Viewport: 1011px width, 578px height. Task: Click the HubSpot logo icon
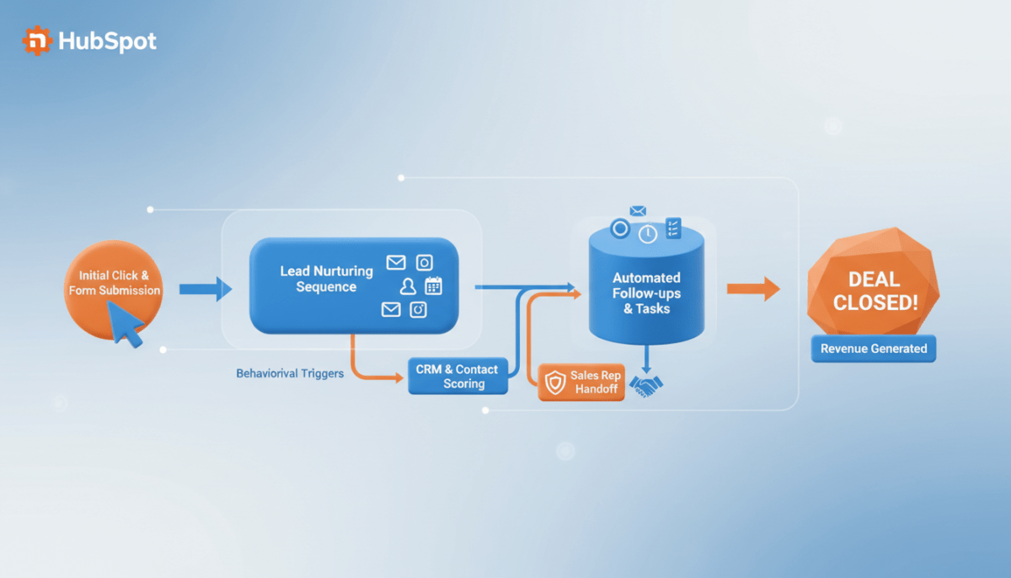[37, 40]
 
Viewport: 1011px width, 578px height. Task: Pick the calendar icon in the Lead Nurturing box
[434, 286]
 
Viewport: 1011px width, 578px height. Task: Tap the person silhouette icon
[409, 286]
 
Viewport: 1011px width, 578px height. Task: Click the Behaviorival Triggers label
[290, 372]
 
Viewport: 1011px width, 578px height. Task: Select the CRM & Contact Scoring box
[457, 376]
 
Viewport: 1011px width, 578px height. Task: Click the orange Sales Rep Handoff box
[582, 382]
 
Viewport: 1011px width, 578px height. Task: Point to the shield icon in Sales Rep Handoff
[554, 383]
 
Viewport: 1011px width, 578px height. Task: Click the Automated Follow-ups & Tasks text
[646, 292]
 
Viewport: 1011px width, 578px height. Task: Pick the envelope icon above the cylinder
[638, 211]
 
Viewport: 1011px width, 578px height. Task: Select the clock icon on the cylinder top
[648, 234]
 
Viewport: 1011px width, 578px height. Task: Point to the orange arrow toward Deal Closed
[753, 289]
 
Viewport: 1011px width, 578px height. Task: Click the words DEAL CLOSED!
[873, 291]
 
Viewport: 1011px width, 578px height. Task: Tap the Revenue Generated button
[873, 349]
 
